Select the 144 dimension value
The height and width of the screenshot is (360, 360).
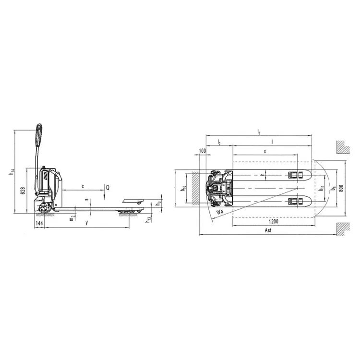point(39,224)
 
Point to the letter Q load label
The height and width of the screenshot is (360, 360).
point(108,187)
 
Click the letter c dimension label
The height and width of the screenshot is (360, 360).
point(83,185)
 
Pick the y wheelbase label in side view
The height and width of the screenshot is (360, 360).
point(86,223)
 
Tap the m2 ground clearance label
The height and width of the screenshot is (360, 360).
point(72,218)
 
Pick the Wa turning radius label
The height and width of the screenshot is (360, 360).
point(220,212)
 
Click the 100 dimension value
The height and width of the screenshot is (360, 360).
point(201,152)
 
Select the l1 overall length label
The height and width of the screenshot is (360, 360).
point(258,132)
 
